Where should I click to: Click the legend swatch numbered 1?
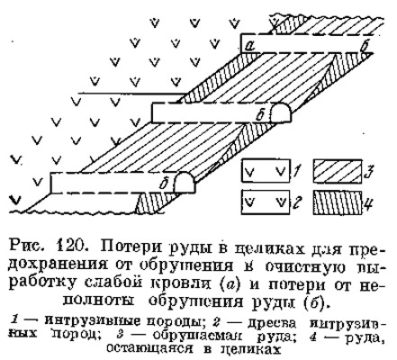point(266,171)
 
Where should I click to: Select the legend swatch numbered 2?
point(266,202)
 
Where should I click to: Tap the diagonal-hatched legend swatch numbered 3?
point(338,171)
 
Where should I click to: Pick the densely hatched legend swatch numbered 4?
point(338,202)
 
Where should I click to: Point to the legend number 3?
point(369,171)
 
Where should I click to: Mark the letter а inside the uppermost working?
point(249,46)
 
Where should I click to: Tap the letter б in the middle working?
point(259,115)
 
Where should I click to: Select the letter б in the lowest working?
point(163,184)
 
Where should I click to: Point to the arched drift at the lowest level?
point(185,183)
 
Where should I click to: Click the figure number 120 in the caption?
point(71,246)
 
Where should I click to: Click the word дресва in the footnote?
point(271,323)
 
